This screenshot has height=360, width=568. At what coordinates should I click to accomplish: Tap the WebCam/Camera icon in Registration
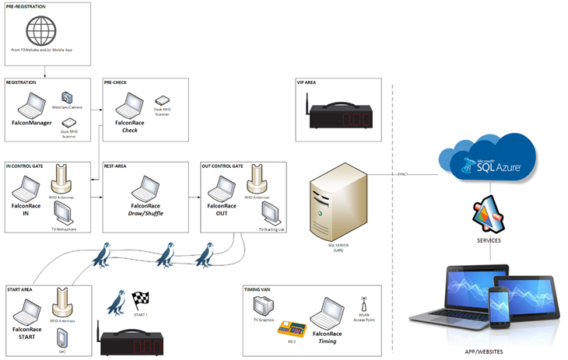coord(67,99)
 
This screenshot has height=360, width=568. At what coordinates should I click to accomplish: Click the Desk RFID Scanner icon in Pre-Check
coord(162,100)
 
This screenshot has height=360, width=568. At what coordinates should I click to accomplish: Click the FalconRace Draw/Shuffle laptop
coord(146,190)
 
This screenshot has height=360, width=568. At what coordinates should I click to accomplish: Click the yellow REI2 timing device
coord(289,327)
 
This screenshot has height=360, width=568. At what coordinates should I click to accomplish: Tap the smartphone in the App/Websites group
coord(499,306)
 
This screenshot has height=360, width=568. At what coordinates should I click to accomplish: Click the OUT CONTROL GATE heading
coord(223,166)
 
